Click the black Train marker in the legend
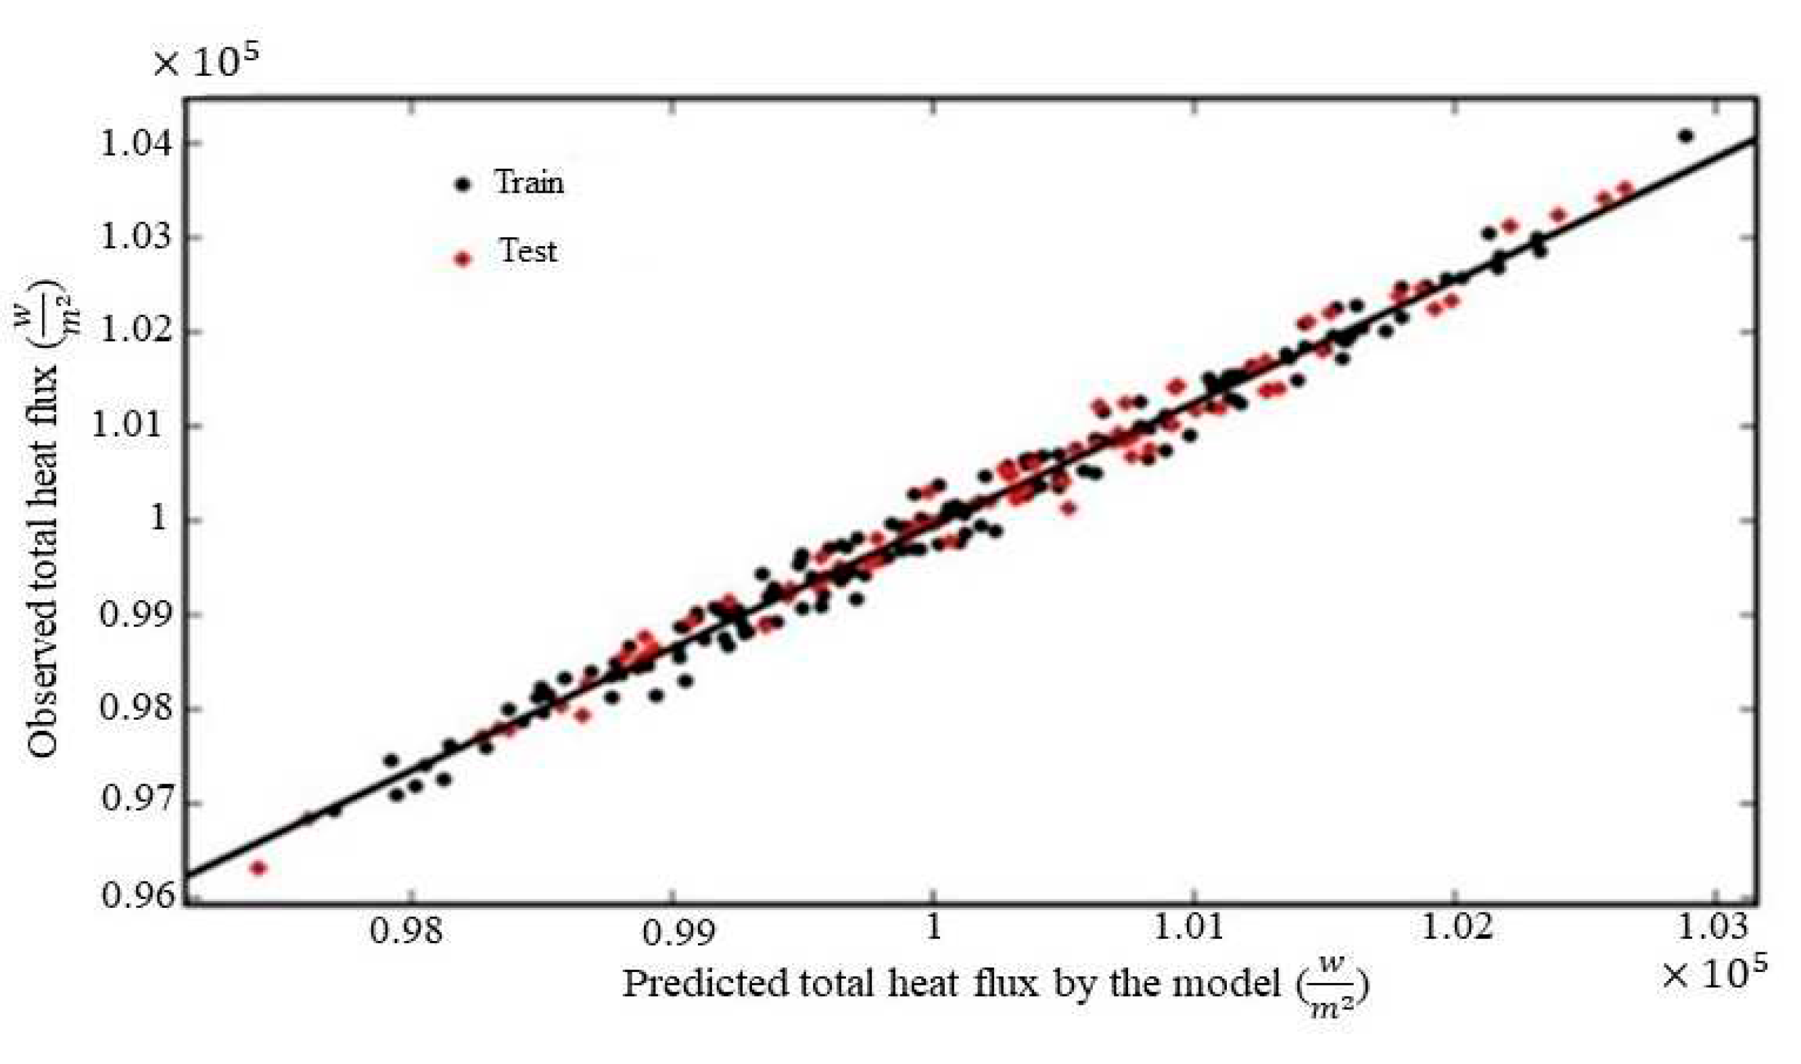tap(463, 185)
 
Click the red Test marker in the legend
tap(463, 258)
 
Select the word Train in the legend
tap(529, 182)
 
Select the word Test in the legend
tap(528, 251)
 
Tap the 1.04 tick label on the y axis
tap(137, 143)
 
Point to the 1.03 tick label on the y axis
tap(137, 237)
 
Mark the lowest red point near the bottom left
tap(258, 868)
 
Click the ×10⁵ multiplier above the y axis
tap(205, 62)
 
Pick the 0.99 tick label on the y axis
tap(137, 614)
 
